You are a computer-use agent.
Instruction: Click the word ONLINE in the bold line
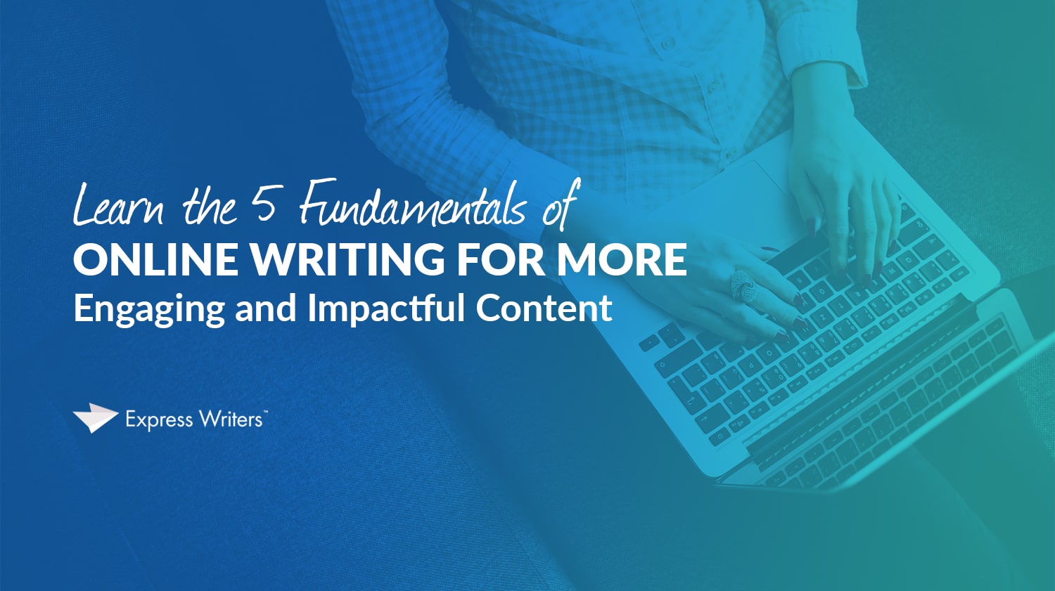155,259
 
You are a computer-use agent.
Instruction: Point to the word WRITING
348,259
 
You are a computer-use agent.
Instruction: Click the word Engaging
149,310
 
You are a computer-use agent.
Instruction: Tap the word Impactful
386,309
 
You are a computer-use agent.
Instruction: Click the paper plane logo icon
95,417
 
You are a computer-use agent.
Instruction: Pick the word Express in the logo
159,420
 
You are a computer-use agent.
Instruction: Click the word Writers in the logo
230,420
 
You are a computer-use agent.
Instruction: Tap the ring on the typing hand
743,285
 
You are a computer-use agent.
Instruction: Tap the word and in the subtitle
265,309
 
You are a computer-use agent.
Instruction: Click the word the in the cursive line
209,207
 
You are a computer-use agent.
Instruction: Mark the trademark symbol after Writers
265,413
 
